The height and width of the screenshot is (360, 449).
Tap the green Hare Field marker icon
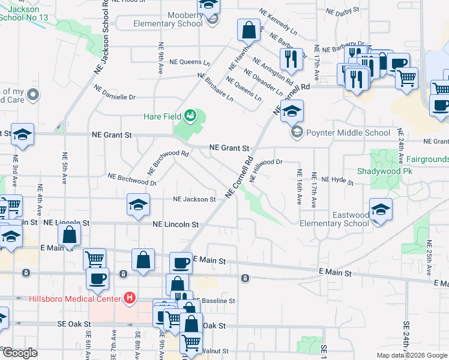190,115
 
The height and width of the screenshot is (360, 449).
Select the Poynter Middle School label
348,133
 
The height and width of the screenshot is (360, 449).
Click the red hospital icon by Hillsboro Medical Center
128,298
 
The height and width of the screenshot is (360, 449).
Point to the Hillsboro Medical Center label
74,298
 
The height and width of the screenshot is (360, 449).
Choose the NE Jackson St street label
194,199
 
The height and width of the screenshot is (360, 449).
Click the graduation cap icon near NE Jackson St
138,205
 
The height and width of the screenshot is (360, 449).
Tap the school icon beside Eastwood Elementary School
381,209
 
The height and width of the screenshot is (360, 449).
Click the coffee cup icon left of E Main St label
181,262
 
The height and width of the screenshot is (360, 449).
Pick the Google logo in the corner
19,353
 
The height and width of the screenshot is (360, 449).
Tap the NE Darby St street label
342,11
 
